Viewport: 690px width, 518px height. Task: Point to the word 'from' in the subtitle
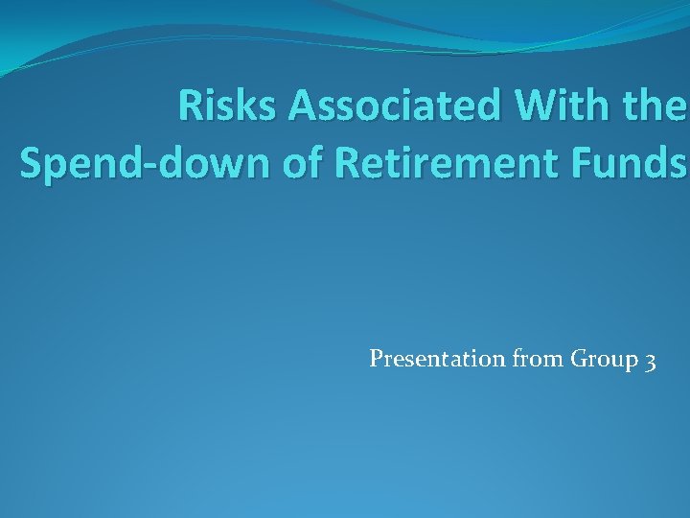[538, 360]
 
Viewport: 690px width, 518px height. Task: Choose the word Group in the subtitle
[604, 361]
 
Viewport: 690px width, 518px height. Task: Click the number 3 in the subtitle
[651, 361]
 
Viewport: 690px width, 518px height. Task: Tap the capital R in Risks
[191, 107]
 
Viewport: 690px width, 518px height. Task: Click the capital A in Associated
[304, 107]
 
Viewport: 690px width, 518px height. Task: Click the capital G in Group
[579, 359]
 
